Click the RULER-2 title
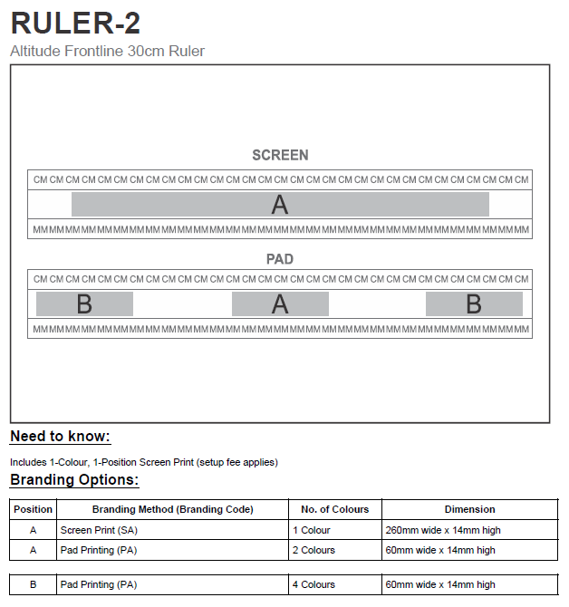tap(75, 23)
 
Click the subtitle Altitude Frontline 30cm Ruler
tap(107, 52)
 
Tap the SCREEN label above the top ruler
tap(280, 155)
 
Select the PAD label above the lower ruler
tap(280, 259)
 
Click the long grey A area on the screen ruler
tap(280, 205)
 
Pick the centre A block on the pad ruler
tap(280, 304)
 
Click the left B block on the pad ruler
tap(84, 304)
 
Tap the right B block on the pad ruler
tap(474, 304)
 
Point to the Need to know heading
tap(60, 437)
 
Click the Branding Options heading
tap(74, 480)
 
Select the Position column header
tap(34, 509)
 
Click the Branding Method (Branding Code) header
tap(173, 509)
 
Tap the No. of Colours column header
tap(334, 509)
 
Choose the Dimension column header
tap(469, 509)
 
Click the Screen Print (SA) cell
tap(99, 530)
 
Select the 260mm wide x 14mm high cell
tap(442, 530)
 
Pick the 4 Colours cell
tap(313, 584)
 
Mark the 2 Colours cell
tap(313, 550)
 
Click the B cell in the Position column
tap(34, 584)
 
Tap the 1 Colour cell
tap(311, 530)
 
